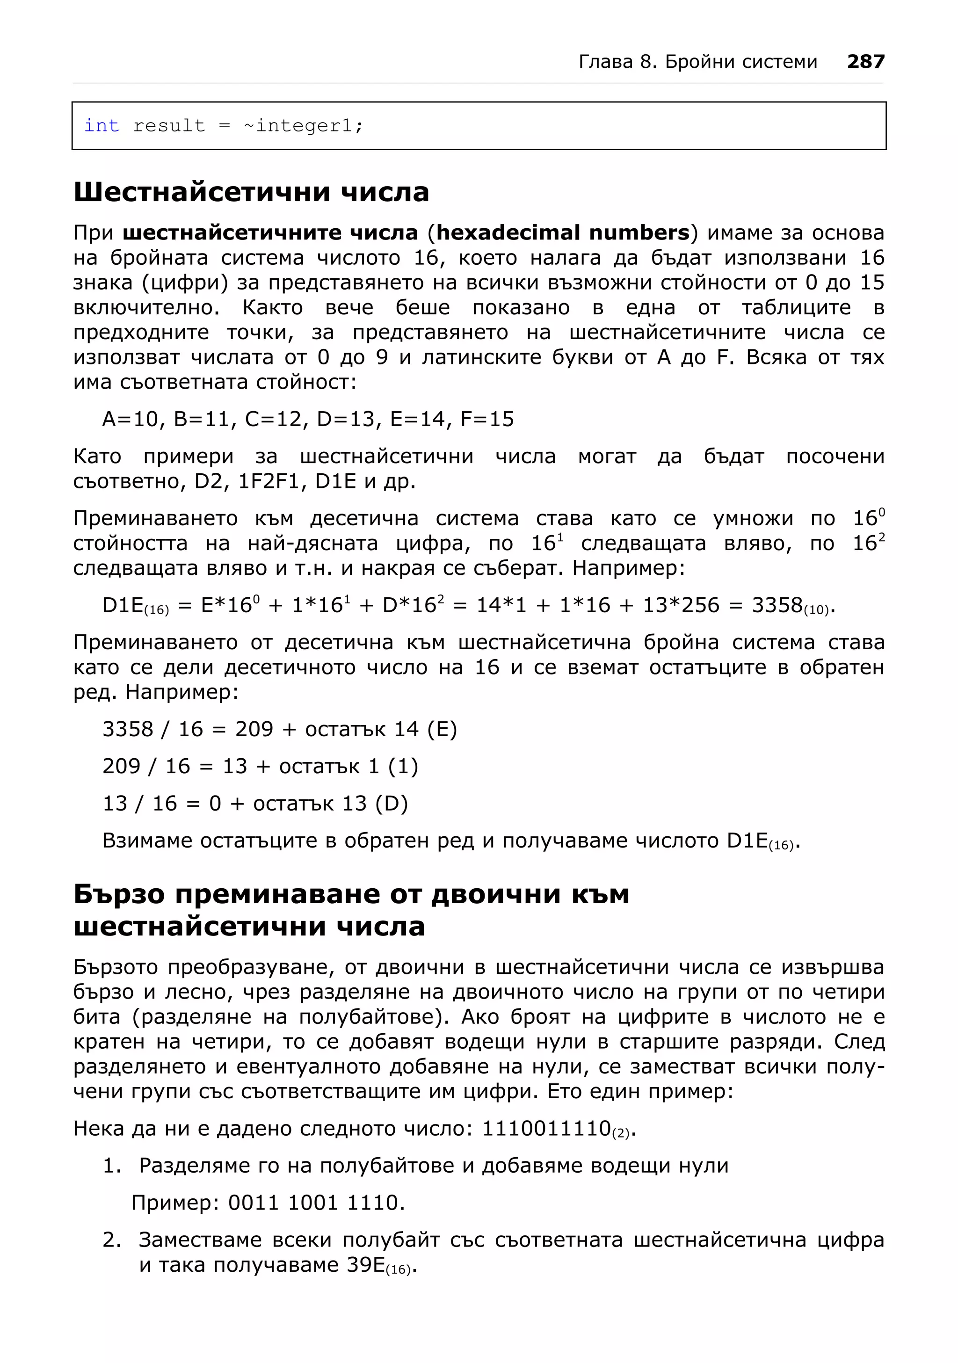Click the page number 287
pyautogui.click(x=865, y=61)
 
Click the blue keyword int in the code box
pyautogui.click(x=102, y=125)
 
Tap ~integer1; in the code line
pyautogui.click(x=303, y=125)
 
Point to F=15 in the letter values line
pyautogui.click(x=486, y=419)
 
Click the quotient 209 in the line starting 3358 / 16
pyautogui.click(x=254, y=729)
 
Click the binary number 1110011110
pyautogui.click(x=546, y=1128)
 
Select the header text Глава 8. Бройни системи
pyautogui.click(x=697, y=61)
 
